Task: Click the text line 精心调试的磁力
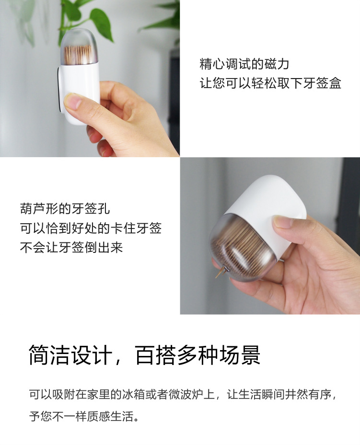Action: coord(244,64)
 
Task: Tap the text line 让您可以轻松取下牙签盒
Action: coord(270,83)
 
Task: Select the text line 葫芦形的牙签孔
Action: coord(65,209)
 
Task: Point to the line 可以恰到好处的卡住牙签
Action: coord(91,228)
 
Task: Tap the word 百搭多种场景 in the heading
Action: coord(198,355)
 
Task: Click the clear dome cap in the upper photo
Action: coord(79,46)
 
